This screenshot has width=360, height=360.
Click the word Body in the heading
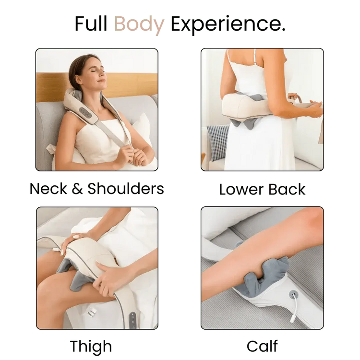tap(139, 24)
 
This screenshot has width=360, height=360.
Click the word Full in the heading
tap(91, 24)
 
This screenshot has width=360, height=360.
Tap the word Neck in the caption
tap(48, 189)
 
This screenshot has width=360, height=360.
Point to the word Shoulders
tap(126, 189)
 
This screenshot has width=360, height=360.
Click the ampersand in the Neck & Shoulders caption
tap(77, 189)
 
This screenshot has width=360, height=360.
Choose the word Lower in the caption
tap(241, 190)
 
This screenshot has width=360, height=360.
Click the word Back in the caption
tap(287, 190)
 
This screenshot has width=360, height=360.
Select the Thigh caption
tap(91, 347)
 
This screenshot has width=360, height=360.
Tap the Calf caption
tap(262, 346)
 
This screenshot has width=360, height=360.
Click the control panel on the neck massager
tap(84, 112)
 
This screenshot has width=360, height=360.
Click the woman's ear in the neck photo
tap(78, 79)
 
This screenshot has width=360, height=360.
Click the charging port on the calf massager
tap(293, 294)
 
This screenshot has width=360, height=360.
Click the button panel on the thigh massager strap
tap(132, 319)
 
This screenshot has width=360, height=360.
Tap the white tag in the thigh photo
tap(92, 312)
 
